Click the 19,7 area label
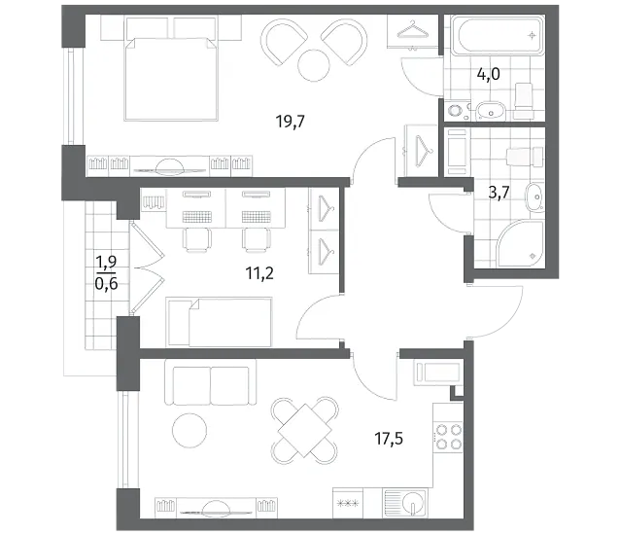click(x=291, y=122)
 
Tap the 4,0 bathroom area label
click(x=489, y=74)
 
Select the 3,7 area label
click(x=499, y=194)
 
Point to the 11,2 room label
click(x=259, y=273)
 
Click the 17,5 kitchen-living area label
click(x=389, y=439)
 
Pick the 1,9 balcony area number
click(x=106, y=262)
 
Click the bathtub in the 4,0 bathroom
click(x=498, y=35)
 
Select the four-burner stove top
click(x=448, y=438)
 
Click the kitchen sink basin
click(x=413, y=503)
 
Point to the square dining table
click(x=304, y=430)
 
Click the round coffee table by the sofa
click(x=189, y=431)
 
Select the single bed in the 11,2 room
click(x=220, y=322)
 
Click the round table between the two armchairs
click(x=314, y=65)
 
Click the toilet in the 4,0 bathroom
click(x=524, y=95)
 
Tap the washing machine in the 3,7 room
click(x=457, y=153)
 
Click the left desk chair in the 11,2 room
click(x=196, y=240)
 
